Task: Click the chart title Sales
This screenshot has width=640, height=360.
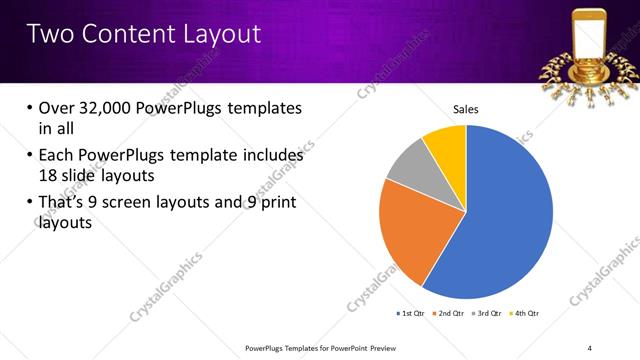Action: coord(466,108)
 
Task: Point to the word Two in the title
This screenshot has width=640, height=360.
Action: coord(50,34)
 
